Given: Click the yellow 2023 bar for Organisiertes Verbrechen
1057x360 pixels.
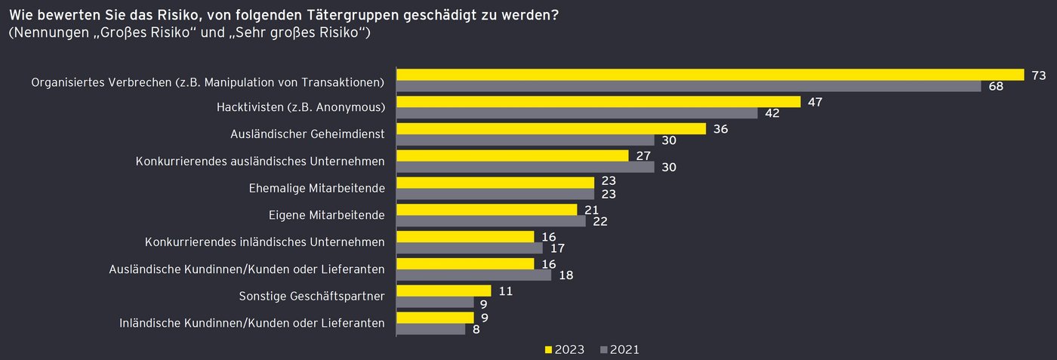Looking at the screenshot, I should coord(710,75).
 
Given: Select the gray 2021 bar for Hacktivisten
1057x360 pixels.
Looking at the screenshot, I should coord(577,113).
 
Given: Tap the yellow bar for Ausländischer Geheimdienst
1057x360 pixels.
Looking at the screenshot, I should coord(551,129).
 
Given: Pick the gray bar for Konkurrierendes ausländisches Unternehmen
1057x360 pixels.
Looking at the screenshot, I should coord(525,168).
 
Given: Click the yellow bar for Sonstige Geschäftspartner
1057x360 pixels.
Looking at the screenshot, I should coord(444,291).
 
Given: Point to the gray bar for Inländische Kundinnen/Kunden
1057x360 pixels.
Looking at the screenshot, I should coord(431,329).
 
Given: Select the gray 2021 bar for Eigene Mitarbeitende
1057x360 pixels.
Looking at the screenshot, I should coord(491,222).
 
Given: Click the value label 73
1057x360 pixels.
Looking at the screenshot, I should coord(1038,75).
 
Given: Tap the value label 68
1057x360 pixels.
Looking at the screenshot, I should coord(996,87).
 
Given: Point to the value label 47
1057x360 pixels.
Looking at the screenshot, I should coord(815,102).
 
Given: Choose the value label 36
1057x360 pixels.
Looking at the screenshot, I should coord(720,129).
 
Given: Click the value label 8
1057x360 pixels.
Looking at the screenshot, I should coord(476,329).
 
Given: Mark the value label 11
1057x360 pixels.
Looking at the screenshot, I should coord(506,291).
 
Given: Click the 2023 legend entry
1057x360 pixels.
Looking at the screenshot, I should coord(564,349).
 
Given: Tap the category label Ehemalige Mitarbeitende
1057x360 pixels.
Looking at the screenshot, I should coord(316,188).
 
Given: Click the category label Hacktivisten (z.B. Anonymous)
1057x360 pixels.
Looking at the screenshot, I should coord(300,106).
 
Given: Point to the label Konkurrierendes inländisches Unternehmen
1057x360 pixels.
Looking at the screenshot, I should coord(264,242).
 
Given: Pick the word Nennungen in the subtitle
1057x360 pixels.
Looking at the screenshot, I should coord(47,33).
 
